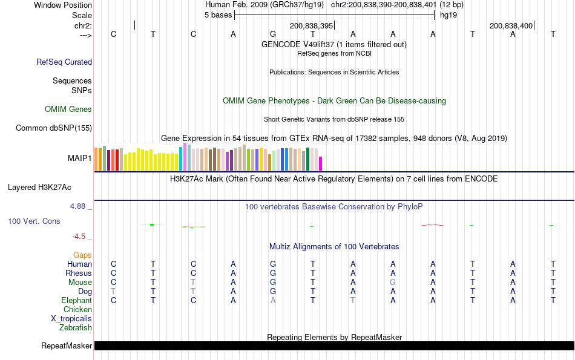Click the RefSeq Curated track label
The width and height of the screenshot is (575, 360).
[x=64, y=62]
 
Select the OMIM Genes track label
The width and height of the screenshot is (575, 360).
[x=68, y=110]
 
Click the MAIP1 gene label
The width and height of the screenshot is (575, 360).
[x=80, y=159]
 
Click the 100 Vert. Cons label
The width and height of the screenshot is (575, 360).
[x=34, y=221]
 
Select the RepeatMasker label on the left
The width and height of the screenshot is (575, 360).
[x=67, y=346]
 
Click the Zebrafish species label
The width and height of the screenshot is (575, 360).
[x=76, y=328]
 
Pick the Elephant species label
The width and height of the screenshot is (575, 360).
[x=76, y=301]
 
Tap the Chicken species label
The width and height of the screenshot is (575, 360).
[x=77, y=310]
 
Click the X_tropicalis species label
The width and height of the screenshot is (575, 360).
[x=71, y=319]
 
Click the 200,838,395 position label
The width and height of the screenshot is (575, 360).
[x=311, y=26]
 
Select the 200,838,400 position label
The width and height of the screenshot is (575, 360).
[x=511, y=26]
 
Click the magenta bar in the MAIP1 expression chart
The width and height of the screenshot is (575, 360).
[x=321, y=163]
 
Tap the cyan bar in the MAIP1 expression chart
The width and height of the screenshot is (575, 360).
[x=181, y=159]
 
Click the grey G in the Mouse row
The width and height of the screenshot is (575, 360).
[x=393, y=283]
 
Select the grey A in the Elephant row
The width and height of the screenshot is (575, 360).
[x=273, y=301]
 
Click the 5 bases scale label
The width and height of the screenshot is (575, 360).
[x=218, y=15]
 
